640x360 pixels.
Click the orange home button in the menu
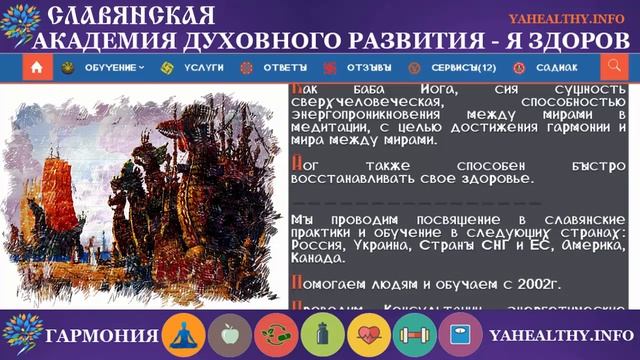pos(37,68)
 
